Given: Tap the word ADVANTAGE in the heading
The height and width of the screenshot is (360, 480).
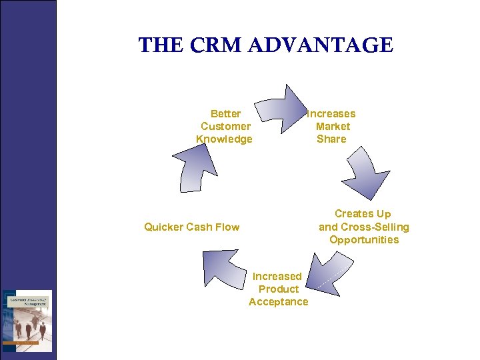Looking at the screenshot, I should point(321,45).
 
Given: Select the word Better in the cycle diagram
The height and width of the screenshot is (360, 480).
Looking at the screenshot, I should point(225,114).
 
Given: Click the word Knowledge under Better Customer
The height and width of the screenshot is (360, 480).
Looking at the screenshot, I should point(224,139).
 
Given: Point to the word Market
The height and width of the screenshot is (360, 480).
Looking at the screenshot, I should point(333,127).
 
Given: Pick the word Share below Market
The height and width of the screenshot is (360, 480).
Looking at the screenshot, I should point(331,139).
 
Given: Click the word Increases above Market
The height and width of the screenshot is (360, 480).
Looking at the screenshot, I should point(331,114).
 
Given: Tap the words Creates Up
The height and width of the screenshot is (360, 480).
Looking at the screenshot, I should point(363,214).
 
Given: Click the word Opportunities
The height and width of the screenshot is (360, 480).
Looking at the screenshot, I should point(364,240).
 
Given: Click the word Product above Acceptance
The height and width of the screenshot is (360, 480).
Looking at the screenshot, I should point(279,289).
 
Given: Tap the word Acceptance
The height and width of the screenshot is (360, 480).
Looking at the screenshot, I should point(279,302).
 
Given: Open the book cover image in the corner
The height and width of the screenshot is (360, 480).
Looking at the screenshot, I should point(27,321).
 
